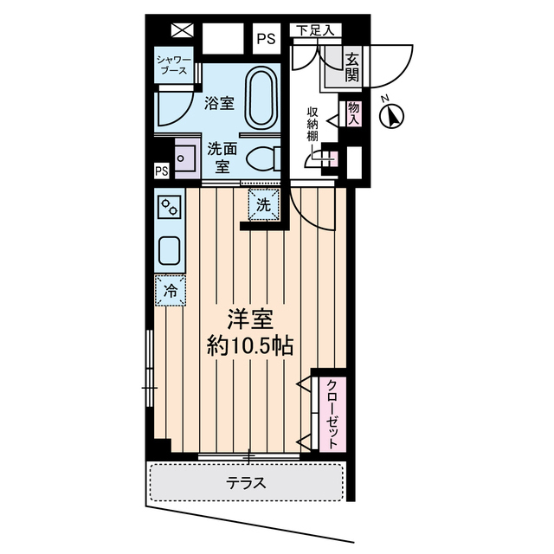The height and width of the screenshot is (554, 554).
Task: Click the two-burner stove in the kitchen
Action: [x=170, y=207]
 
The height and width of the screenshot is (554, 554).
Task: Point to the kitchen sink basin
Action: [x=170, y=250]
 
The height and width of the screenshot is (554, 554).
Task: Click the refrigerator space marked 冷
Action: [x=171, y=291]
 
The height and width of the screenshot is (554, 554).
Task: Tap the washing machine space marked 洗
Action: [x=263, y=205]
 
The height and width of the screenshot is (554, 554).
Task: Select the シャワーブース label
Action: [x=174, y=65]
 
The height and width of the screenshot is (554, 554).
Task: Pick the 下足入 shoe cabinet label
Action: [x=315, y=30]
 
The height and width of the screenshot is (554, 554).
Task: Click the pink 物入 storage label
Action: [x=353, y=113]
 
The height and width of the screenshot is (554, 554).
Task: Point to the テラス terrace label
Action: [x=246, y=483]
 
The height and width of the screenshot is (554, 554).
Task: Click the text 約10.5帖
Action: [x=250, y=346]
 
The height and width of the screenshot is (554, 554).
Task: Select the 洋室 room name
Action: [x=250, y=319]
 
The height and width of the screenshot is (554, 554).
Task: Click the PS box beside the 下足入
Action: [x=267, y=39]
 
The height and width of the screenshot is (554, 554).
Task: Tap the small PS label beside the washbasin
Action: [x=162, y=171]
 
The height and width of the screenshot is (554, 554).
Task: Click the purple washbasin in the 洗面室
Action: [x=188, y=158]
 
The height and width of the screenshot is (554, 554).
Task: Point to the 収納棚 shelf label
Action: [x=312, y=125]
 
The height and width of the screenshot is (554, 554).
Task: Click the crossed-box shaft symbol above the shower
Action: [x=183, y=30]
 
